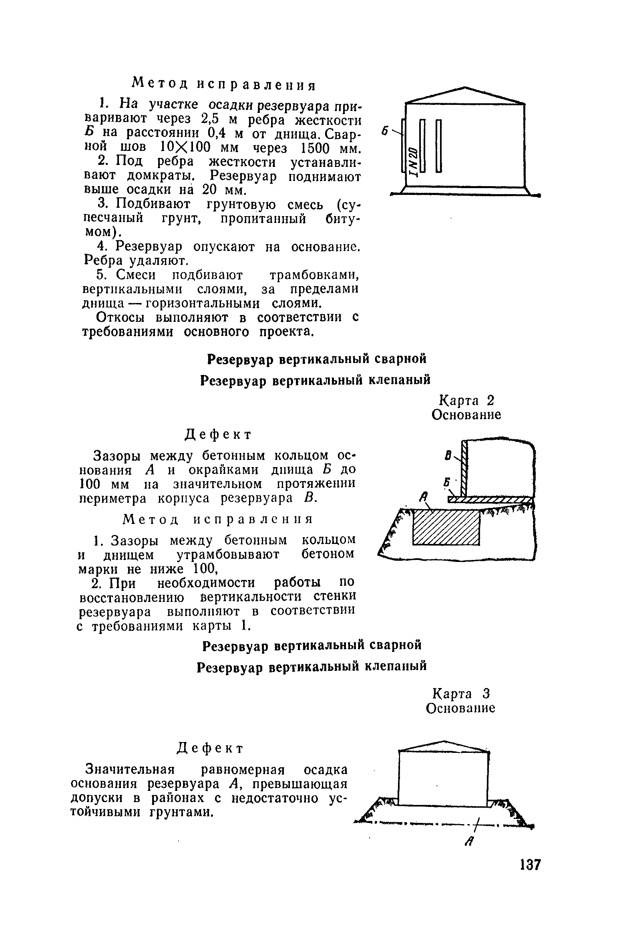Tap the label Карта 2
tap(466, 401)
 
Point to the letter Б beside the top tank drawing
tap(385, 131)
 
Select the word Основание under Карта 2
tap(466, 415)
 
